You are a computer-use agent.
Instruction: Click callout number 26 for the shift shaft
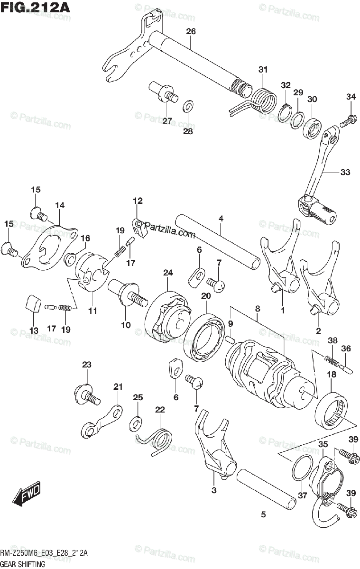click(x=191, y=31)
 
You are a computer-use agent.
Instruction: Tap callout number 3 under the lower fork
click(x=214, y=490)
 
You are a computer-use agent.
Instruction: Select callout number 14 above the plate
click(x=59, y=205)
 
